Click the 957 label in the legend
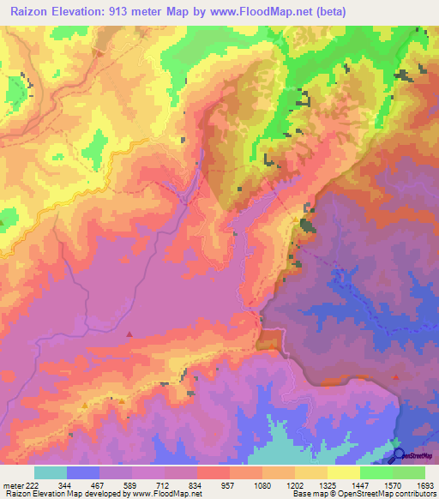tap(228, 484)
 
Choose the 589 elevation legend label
tap(130, 484)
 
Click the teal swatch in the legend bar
tap(51, 472)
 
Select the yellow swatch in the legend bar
tap(344, 472)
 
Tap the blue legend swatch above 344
tap(83, 472)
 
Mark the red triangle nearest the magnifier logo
tap(395, 376)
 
